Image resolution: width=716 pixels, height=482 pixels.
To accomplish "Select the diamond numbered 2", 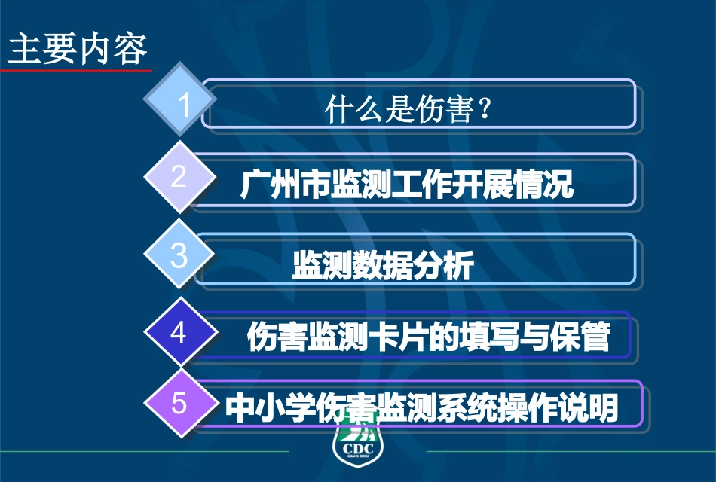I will click(179, 176).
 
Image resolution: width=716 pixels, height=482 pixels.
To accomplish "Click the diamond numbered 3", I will click(179, 255).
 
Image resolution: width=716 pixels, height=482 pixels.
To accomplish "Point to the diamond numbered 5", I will click(179, 404).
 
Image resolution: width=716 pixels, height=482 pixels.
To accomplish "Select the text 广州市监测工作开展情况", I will click(407, 185).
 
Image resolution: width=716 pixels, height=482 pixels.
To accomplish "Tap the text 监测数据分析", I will click(383, 266).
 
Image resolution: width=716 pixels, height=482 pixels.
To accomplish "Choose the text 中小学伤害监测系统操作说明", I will click(422, 409).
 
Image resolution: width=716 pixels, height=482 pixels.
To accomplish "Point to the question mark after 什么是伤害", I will click(486, 111).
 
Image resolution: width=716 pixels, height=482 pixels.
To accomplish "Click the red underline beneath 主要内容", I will click(75, 70).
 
